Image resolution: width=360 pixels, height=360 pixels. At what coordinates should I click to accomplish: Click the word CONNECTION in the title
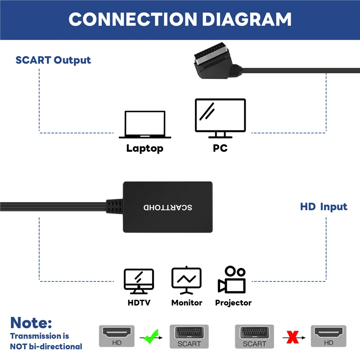click(x=133, y=19)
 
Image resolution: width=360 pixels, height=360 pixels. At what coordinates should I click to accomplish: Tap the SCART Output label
click(x=53, y=60)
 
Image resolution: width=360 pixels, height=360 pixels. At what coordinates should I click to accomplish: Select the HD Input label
click(x=324, y=207)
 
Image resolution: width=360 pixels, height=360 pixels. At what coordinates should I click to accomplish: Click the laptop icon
click(x=145, y=125)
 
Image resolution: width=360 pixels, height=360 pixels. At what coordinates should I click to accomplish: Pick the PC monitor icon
click(x=220, y=118)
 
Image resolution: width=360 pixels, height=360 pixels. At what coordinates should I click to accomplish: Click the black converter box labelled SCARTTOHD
click(x=167, y=207)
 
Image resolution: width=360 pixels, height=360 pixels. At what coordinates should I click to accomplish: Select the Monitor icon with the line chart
click(x=186, y=281)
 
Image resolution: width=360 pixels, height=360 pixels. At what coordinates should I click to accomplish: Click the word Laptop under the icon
click(x=145, y=148)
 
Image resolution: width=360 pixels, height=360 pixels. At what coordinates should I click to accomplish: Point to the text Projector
click(x=233, y=303)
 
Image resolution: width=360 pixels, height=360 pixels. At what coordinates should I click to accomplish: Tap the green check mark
click(x=150, y=336)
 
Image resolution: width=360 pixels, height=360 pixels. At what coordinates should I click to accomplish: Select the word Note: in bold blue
click(x=31, y=322)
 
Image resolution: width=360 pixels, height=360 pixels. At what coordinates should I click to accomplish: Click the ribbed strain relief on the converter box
click(x=115, y=207)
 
